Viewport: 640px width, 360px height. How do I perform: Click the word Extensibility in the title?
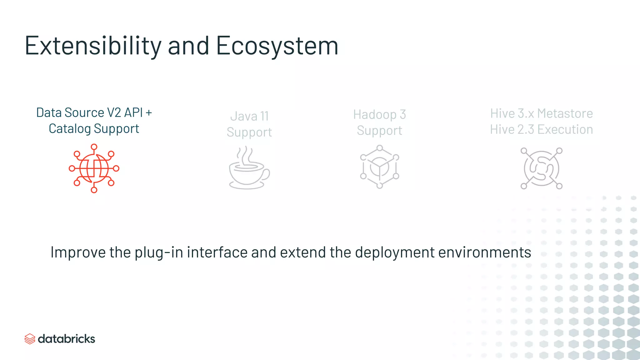[93, 46]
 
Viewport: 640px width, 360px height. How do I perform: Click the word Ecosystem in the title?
[277, 46]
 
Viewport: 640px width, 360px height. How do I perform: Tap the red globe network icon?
[94, 168]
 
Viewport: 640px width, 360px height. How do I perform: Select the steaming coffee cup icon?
[249, 168]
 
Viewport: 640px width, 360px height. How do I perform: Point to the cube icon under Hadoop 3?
[379, 167]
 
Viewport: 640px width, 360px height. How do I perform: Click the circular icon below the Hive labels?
[541, 168]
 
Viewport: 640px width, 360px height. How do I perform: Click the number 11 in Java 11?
[264, 117]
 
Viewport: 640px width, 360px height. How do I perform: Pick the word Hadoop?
[374, 115]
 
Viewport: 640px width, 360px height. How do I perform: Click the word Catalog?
[70, 129]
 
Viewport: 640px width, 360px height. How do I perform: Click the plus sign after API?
[149, 112]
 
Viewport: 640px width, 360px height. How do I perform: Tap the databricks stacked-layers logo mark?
[30, 339]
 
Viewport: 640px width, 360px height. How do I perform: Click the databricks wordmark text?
[66, 339]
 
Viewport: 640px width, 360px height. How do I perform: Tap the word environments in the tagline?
[485, 252]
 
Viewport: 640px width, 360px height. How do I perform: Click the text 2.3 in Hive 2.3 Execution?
[526, 129]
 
